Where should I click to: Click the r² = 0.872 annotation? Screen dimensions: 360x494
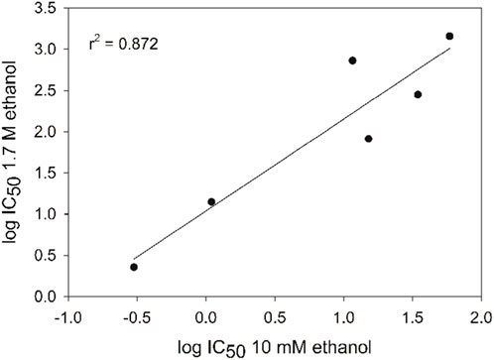click(118, 46)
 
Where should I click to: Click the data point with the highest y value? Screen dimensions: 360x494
click(449, 37)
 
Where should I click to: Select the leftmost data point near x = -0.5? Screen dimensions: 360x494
click(134, 267)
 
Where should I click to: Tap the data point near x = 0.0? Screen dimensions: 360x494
click(211, 201)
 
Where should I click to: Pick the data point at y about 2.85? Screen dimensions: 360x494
click(352, 60)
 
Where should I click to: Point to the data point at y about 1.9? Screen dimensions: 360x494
click(368, 139)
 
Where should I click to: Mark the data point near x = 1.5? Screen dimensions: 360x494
click(418, 94)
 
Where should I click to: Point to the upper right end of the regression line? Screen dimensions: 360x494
click(449, 49)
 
